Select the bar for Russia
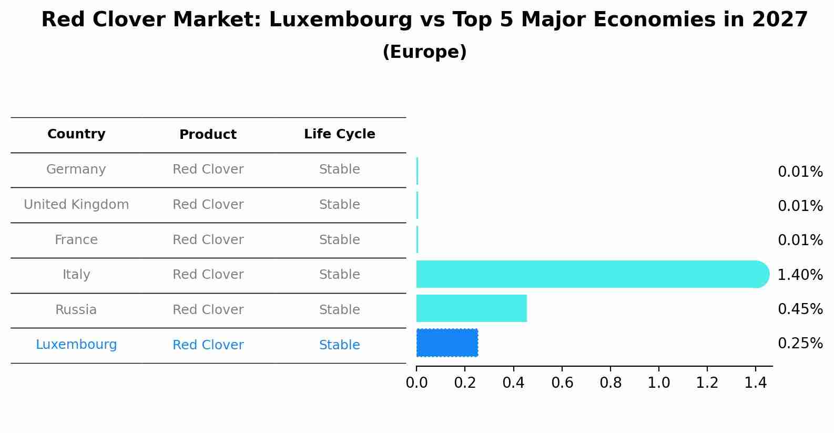click(471, 308)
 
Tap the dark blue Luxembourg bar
click(447, 343)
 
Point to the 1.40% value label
click(800, 275)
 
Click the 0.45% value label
click(800, 309)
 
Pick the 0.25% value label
click(800, 344)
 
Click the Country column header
click(76, 134)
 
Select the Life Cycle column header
click(339, 134)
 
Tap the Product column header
click(208, 135)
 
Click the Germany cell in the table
click(76, 169)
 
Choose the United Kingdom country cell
click(76, 205)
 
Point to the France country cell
click(76, 240)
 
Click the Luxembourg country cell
click(76, 345)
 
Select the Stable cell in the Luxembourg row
click(339, 345)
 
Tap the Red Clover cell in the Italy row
click(208, 275)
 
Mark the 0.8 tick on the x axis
click(611, 382)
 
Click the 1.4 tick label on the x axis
click(756, 382)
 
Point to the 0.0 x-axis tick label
click(416, 382)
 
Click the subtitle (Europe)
click(424, 52)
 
